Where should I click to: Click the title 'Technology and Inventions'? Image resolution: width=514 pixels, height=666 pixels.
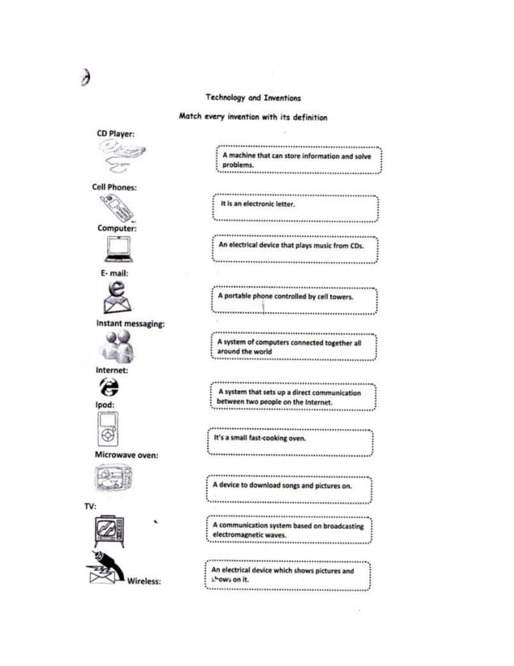tap(252, 98)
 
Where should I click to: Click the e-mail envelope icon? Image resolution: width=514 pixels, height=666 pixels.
tap(119, 298)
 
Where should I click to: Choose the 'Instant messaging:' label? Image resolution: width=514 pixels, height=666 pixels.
tap(131, 323)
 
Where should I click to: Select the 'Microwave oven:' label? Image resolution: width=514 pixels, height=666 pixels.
tap(126, 455)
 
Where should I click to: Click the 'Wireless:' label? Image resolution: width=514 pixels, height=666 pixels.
tap(143, 581)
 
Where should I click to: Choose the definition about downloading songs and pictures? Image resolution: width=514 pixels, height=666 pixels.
tap(283, 486)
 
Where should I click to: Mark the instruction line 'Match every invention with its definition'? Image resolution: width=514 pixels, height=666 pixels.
tap(252, 117)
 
